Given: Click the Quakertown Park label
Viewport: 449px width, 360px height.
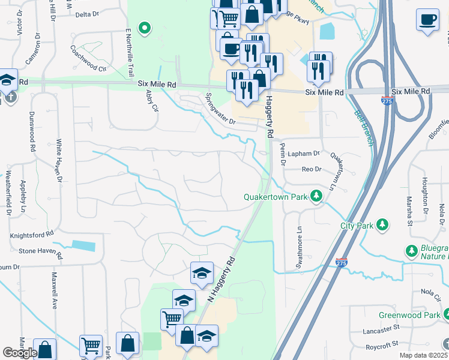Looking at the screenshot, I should click(276, 197).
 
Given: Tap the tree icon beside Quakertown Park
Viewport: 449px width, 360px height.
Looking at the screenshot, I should click(316, 196).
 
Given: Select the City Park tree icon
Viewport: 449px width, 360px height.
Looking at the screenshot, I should click(382, 225).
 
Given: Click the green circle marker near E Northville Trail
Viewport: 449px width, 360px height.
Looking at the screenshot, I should click(144, 28).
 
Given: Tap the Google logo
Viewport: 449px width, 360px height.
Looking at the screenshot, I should click(20, 353).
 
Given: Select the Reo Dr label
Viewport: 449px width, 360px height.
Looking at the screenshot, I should click(308, 169).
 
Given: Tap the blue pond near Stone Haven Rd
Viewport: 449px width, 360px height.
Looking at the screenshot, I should click(83, 245).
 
